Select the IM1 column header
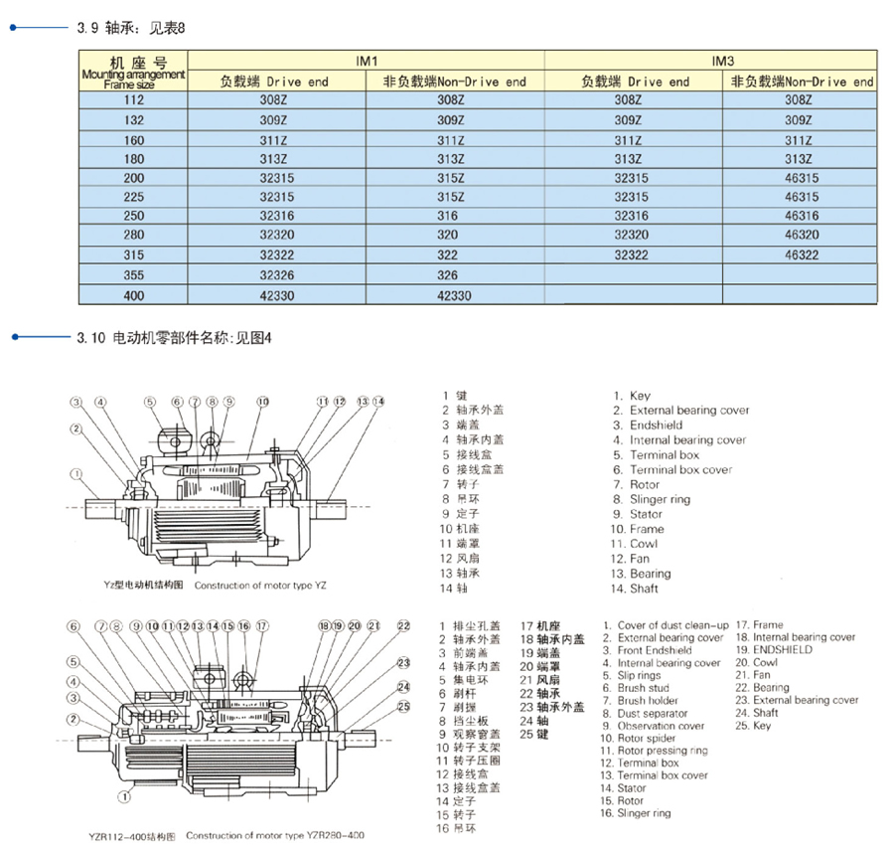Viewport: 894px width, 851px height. coord(367,61)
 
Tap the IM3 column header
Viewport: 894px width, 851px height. coord(723,61)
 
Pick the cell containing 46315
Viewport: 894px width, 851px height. coord(801,197)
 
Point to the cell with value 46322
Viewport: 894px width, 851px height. coord(801,255)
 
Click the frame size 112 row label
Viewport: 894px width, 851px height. coord(133,100)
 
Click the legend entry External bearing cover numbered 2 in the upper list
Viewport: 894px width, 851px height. coord(688,411)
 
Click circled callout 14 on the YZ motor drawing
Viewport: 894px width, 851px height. coord(378,402)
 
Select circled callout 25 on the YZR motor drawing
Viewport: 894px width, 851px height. coord(403,707)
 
